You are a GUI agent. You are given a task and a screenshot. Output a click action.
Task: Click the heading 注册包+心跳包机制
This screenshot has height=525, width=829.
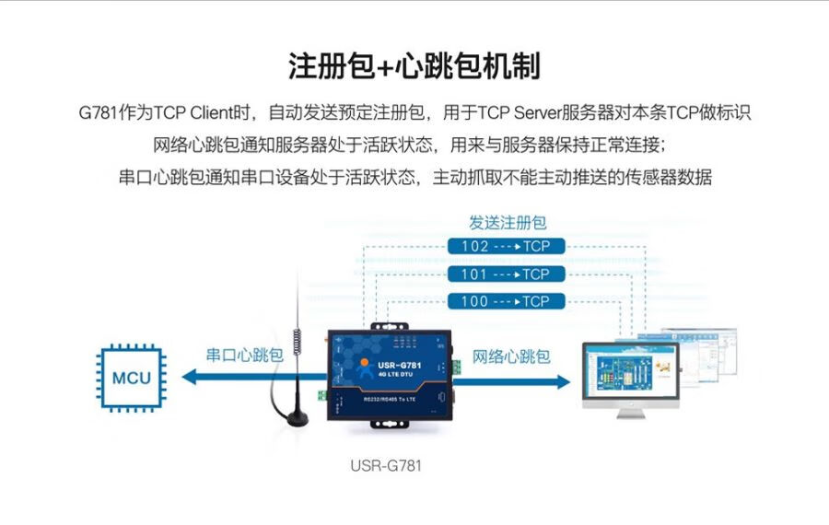[x=414, y=66]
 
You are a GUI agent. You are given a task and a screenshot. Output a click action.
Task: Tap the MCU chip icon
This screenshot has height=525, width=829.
[x=131, y=378]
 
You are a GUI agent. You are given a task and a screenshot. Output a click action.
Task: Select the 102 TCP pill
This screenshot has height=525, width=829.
[x=506, y=247]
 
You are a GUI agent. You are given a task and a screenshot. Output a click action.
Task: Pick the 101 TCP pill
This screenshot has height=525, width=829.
[x=506, y=274]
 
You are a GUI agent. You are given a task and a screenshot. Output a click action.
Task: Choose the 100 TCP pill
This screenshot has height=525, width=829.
[x=506, y=301]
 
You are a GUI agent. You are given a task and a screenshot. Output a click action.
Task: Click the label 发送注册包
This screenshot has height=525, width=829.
[x=508, y=223]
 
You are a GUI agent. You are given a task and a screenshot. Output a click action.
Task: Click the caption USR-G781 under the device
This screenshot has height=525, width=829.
[x=385, y=465]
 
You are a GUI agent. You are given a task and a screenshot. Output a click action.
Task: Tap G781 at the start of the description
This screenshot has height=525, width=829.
[x=98, y=113]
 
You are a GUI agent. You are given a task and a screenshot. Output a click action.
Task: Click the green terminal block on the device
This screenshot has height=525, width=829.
[x=321, y=395]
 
